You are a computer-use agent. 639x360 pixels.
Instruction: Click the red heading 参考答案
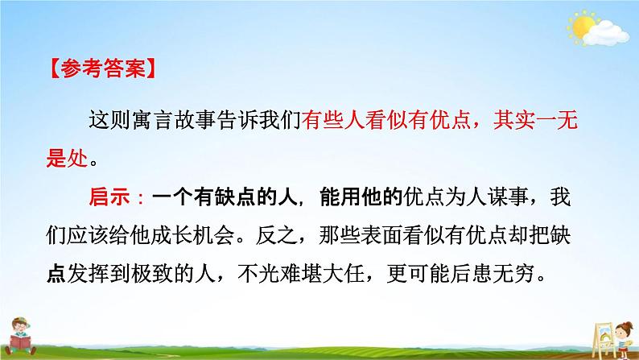point(102,68)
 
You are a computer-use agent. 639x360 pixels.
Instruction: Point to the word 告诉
point(237,120)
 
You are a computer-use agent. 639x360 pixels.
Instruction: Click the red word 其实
point(514,120)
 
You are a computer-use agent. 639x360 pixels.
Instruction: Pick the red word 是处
point(68,158)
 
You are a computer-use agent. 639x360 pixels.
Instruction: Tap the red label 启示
point(109,198)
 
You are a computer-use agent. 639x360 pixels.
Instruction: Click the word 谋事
point(508,198)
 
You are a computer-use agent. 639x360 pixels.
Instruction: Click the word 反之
point(277,235)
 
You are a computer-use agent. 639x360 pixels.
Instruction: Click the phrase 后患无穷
point(492,274)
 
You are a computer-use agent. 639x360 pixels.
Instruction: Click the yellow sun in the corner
point(582,26)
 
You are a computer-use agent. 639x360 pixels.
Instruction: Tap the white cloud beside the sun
point(606,34)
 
